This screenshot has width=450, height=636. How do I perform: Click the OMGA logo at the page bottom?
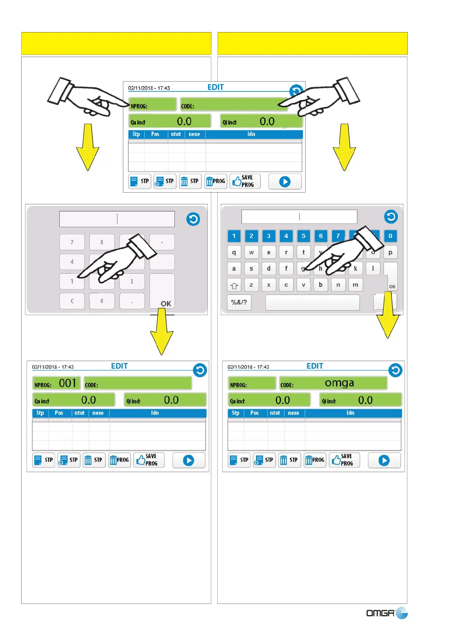[x=386, y=613]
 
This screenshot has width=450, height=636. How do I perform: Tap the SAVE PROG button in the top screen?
[x=245, y=181]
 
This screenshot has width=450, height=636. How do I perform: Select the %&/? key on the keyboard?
[x=239, y=303]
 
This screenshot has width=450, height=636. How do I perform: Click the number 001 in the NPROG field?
[x=68, y=383]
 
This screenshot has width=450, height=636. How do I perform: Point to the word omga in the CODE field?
[x=339, y=383]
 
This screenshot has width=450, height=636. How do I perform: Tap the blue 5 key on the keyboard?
[x=303, y=236]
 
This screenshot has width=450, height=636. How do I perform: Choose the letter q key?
[x=234, y=252]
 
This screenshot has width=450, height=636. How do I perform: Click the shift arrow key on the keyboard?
[x=234, y=285]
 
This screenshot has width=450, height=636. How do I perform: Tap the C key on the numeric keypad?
[x=72, y=301]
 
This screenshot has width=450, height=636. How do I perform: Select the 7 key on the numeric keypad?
[x=72, y=242]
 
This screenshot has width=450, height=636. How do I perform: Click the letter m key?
[x=355, y=285]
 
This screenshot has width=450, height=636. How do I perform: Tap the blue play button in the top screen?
[x=285, y=182]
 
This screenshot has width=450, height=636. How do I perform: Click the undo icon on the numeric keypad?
[x=193, y=219]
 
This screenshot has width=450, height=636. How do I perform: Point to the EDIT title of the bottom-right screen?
[x=315, y=366]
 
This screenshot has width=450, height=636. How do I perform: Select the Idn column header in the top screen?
[x=251, y=134]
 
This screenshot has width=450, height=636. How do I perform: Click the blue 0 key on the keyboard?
[x=390, y=236]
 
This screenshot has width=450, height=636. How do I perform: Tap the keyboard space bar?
[x=312, y=303]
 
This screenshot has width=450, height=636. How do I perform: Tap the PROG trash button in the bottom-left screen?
[x=119, y=460]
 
